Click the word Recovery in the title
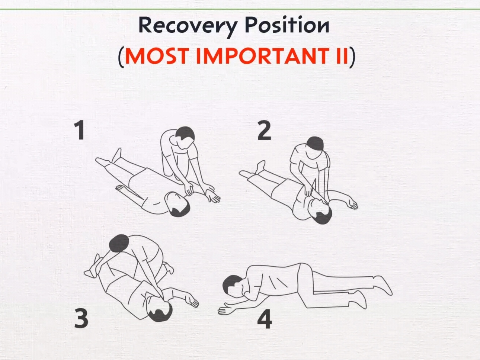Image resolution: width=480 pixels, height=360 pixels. pyautogui.click(x=188, y=26)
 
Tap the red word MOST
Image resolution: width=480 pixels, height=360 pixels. pyautogui.click(x=157, y=56)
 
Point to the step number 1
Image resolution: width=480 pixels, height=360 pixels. pyautogui.click(x=80, y=131)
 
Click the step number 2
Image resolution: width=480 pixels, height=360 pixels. pyautogui.click(x=264, y=131)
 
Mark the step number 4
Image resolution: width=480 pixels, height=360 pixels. pyautogui.click(x=265, y=319)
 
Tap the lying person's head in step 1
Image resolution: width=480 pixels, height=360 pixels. pyautogui.click(x=177, y=205)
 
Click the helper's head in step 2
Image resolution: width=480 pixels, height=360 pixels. pyautogui.click(x=315, y=144)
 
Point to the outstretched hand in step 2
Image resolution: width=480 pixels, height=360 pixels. pyautogui.click(x=351, y=203)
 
